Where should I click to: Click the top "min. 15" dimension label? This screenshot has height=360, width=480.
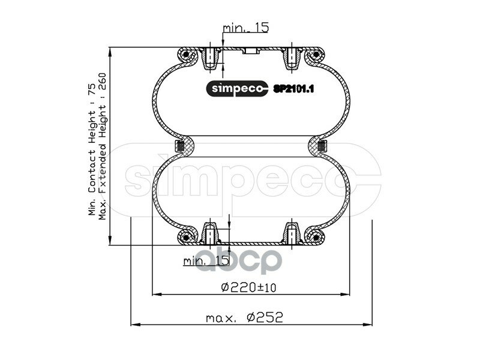coord(245,28)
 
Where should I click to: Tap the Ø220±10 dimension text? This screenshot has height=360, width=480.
coord(248,287)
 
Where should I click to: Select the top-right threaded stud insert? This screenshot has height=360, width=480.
coord(289,58)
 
